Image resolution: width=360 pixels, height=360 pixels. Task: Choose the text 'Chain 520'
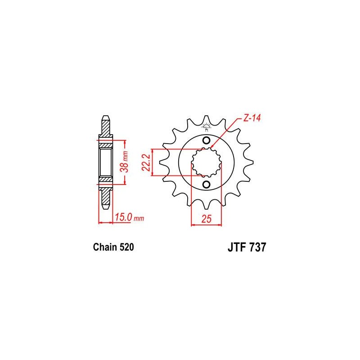tap(113, 247)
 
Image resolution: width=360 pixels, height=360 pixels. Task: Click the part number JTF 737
tap(245, 247)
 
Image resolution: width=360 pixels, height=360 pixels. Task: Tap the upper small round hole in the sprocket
tap(207, 140)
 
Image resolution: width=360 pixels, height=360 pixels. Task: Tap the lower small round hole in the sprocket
tap(207, 185)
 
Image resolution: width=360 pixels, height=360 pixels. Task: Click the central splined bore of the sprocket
tap(207, 162)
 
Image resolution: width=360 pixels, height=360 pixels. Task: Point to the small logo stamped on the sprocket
tap(207, 126)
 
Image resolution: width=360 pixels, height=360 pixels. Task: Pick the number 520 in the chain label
tap(126, 247)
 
